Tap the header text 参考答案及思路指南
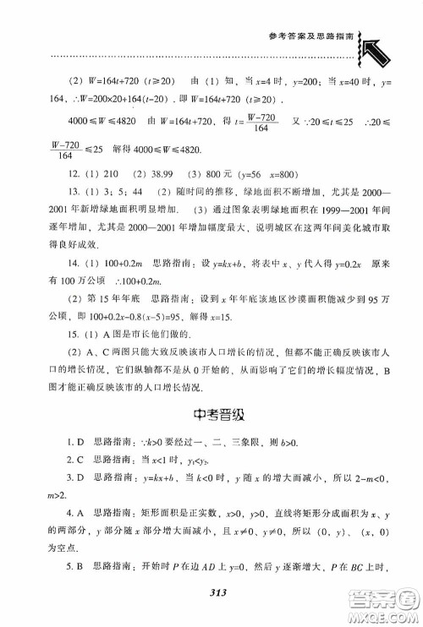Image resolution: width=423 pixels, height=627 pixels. click(x=305, y=35)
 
